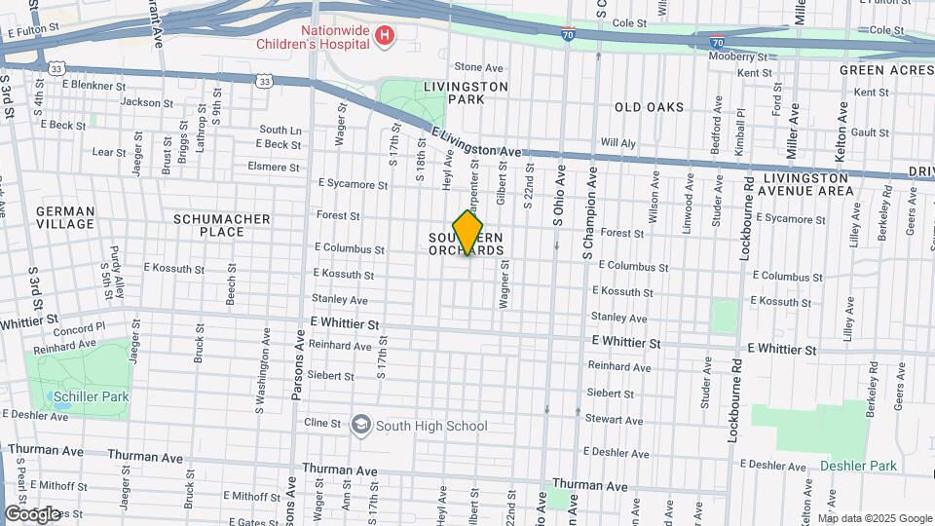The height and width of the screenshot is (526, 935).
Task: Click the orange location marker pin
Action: coord(467,232)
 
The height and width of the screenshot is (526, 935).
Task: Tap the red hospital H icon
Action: coord(387,36)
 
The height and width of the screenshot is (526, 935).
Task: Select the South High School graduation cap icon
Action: coord(361,425)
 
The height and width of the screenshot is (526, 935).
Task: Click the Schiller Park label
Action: coord(92,397)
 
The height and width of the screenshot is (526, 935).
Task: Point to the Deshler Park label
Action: coord(857,466)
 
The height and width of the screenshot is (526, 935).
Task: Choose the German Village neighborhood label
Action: coord(65,217)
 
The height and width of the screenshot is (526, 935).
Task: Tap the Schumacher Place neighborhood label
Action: coord(221,225)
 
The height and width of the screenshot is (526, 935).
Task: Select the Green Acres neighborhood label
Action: coord(874,70)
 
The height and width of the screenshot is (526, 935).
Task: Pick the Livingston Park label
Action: coord(467,93)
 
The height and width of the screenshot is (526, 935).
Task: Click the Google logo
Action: coord(32,513)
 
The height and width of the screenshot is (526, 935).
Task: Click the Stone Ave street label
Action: coord(478,68)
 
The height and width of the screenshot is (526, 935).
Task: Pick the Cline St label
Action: coord(321,424)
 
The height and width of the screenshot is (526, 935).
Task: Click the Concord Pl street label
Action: coord(78,329)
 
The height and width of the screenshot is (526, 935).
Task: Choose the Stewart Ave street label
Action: coord(614,421)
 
